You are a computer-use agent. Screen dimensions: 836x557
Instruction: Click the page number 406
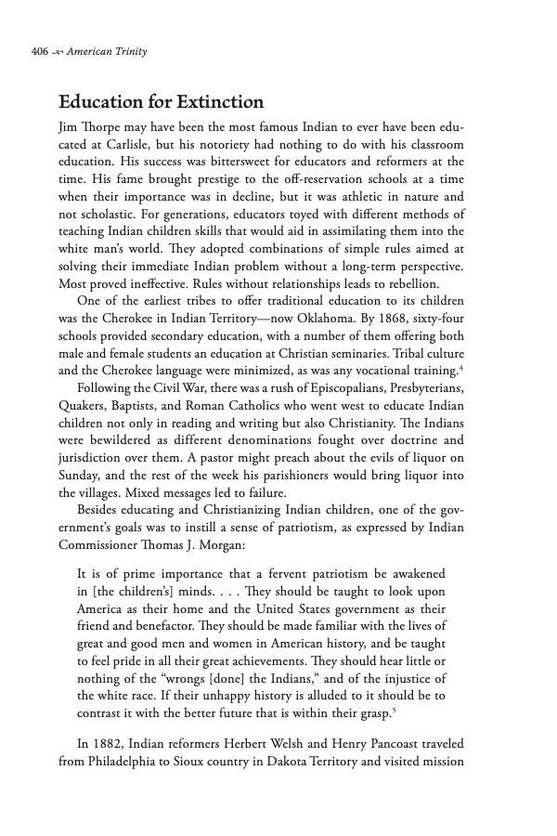[39, 51]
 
